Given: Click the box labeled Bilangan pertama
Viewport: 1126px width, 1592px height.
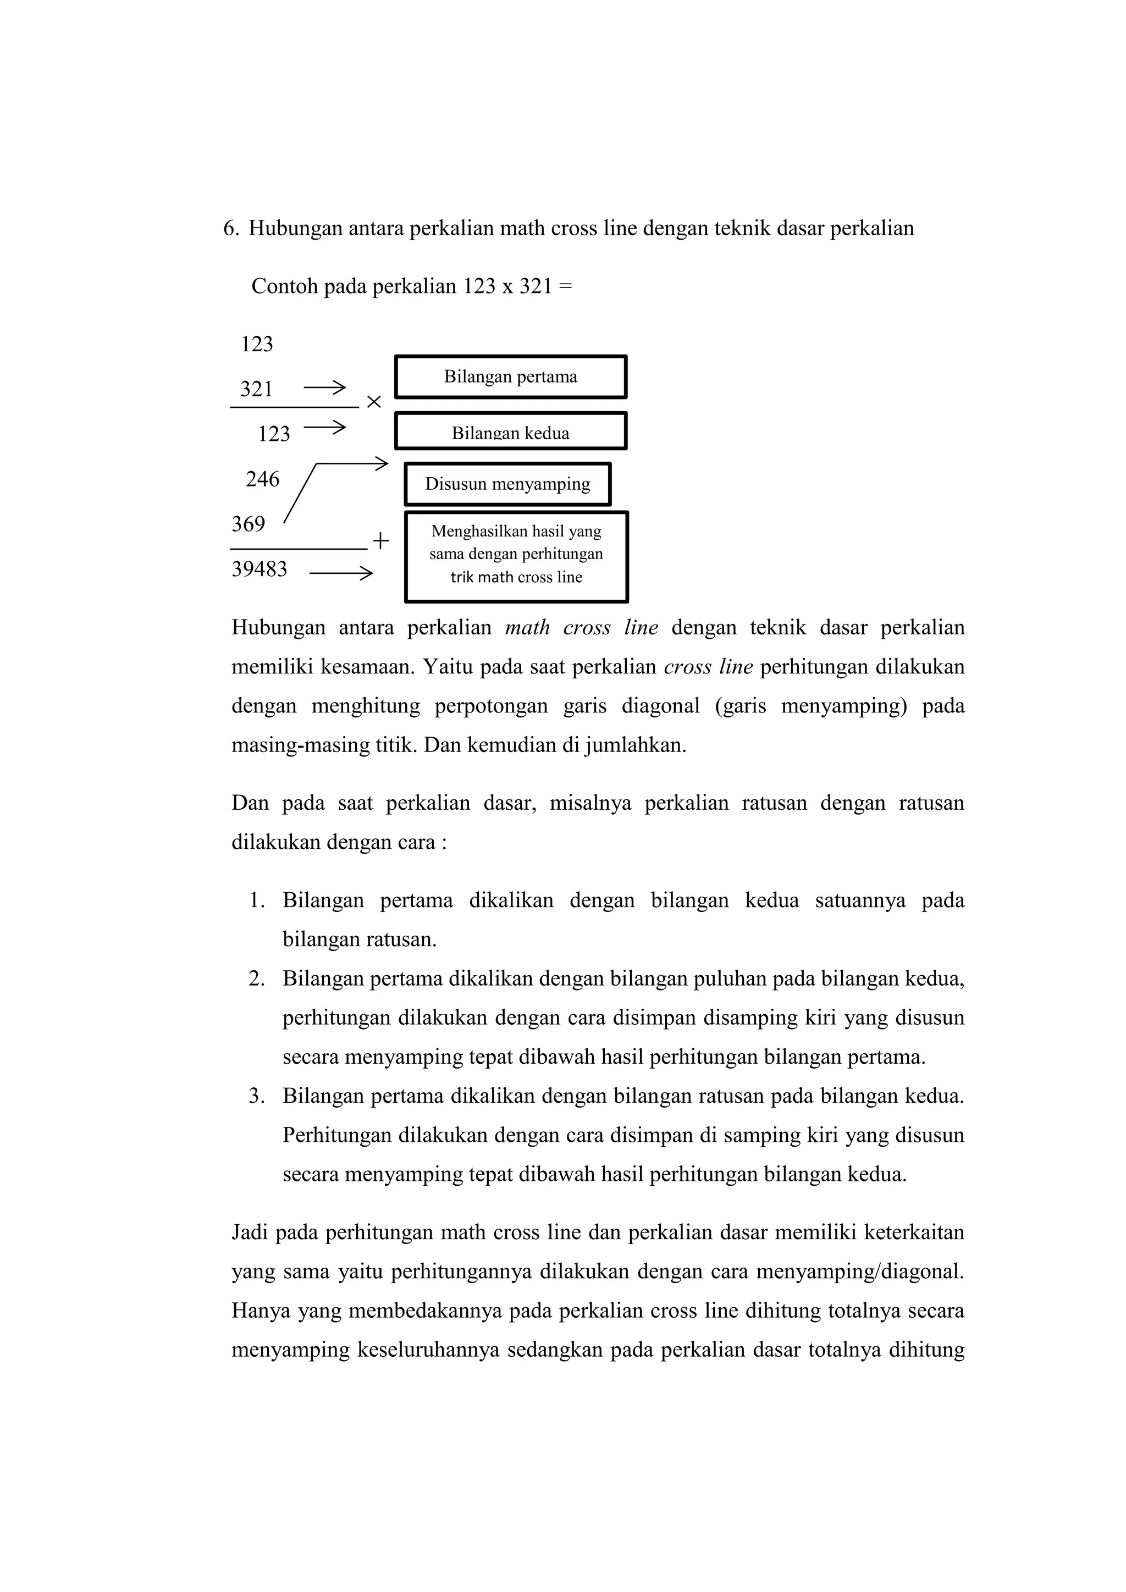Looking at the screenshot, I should [510, 377].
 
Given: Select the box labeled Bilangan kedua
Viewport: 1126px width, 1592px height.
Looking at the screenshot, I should [510, 432].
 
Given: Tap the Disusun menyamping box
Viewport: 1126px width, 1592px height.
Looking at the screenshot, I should [507, 484].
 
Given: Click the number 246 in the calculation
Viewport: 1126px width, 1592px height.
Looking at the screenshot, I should [262, 479].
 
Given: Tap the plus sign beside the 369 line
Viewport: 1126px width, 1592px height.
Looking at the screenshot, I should [380, 541].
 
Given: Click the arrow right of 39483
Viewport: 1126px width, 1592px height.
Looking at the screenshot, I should [340, 573].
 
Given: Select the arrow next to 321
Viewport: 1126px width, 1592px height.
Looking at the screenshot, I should [324, 388].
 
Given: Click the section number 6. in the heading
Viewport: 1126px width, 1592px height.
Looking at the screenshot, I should [230, 229].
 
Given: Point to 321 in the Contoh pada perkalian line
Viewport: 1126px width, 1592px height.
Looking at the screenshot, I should [536, 286].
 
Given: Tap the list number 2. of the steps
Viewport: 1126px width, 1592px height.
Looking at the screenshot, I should [257, 979].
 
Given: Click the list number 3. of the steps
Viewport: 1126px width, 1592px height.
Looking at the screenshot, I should [257, 1096].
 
